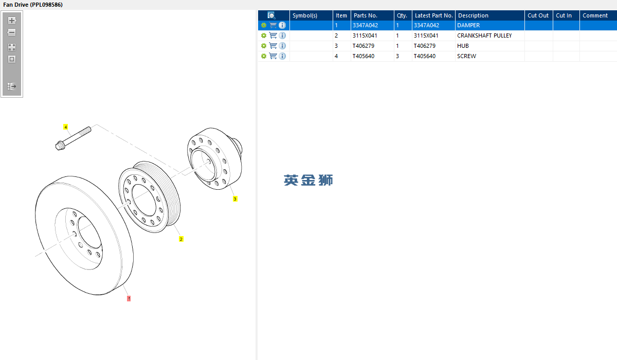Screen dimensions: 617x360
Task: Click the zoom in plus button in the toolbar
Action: click(x=12, y=21)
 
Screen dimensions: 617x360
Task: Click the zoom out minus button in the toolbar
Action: click(x=11, y=32)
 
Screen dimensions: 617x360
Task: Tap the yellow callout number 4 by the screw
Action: click(x=66, y=127)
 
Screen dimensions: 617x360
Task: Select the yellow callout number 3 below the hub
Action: click(x=235, y=199)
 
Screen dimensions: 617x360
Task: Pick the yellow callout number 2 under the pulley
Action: click(x=181, y=239)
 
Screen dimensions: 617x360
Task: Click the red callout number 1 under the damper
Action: click(x=129, y=298)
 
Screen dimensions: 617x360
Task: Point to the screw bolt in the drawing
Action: click(x=73, y=138)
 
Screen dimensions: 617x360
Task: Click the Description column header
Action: click(x=473, y=15)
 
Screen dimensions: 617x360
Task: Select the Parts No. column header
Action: click(x=366, y=15)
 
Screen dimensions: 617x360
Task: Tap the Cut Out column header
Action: click(x=538, y=15)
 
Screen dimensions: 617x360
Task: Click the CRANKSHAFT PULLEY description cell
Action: click(x=484, y=35)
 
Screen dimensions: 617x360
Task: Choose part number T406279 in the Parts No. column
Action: click(x=364, y=46)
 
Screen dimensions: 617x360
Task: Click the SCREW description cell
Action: click(x=467, y=56)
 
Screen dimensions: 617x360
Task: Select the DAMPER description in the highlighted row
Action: click(x=468, y=25)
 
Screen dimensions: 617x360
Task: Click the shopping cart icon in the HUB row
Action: click(x=273, y=46)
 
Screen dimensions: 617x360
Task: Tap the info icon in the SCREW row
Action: click(x=282, y=56)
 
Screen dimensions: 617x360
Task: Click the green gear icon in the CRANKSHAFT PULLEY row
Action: click(x=264, y=35)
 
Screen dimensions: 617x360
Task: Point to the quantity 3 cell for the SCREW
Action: click(x=397, y=56)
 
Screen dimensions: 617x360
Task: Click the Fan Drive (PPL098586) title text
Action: click(x=33, y=5)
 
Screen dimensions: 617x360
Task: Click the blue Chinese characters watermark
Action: click(x=308, y=180)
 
